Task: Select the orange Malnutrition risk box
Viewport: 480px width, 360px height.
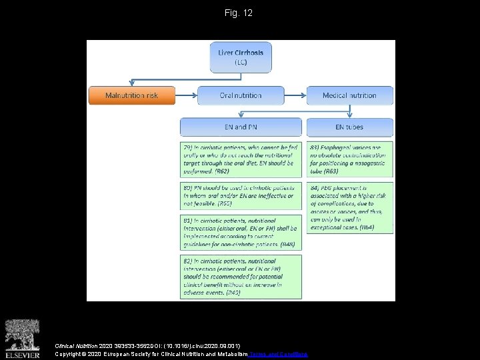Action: pyautogui.click(x=131, y=95)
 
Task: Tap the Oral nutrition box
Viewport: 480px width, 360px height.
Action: pyautogui.click(x=241, y=95)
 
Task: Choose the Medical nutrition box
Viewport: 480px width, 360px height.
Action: pyautogui.click(x=349, y=95)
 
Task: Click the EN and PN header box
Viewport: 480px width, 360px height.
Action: pyautogui.click(x=241, y=127)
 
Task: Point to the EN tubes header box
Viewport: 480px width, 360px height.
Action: pyautogui.click(x=349, y=127)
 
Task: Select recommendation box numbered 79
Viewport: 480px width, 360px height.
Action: pyautogui.click(x=241, y=158)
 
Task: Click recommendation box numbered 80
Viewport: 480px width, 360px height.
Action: pyautogui.click(x=241, y=195)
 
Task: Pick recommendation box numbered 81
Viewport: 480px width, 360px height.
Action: pyautogui.click(x=241, y=231)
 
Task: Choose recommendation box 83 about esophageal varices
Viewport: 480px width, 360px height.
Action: pyautogui.click(x=349, y=158)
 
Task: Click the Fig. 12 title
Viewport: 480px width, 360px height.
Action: pyautogui.click(x=240, y=13)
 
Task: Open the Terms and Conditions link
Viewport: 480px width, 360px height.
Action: pyautogui.click(x=278, y=354)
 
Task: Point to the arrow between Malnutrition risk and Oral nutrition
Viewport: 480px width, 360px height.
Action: pyautogui.click(x=186, y=95)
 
